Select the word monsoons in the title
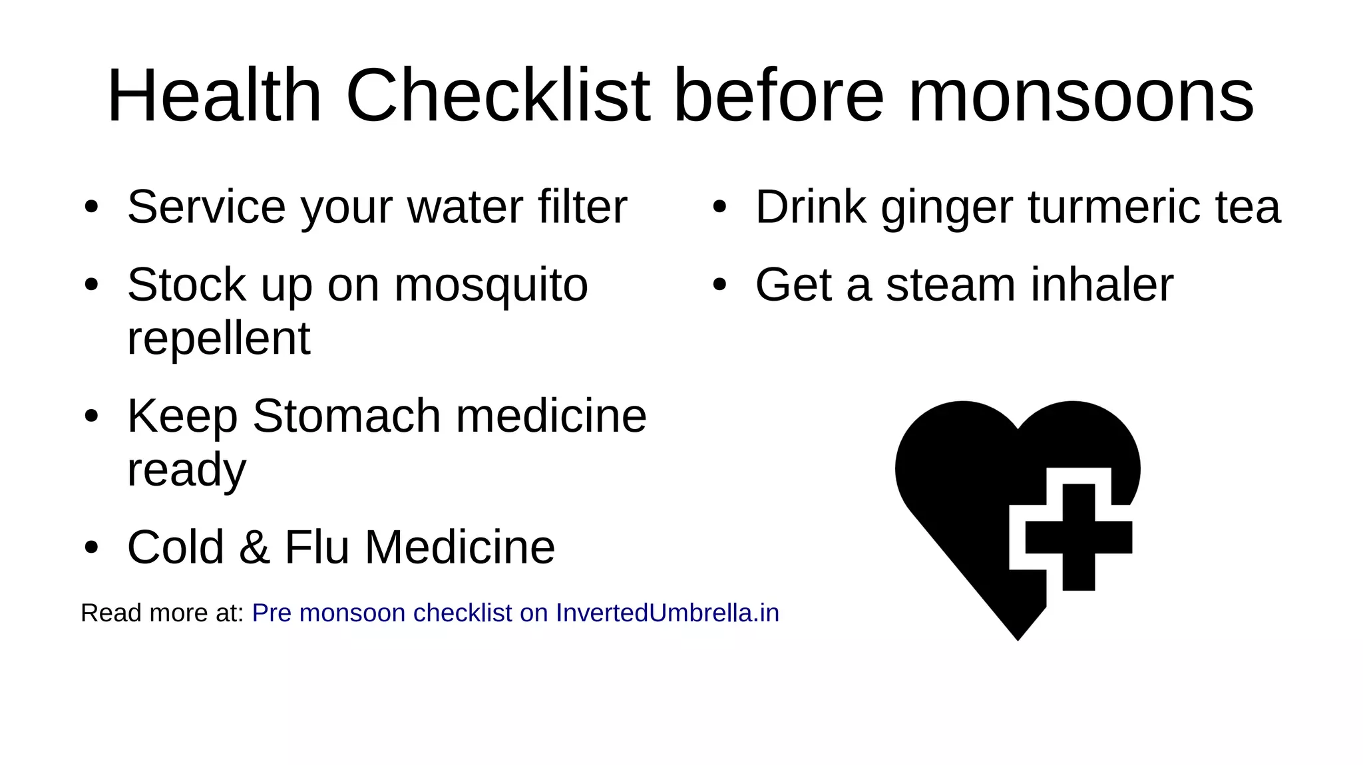point(1081,97)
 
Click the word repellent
point(218,339)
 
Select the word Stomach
point(346,416)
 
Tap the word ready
point(186,471)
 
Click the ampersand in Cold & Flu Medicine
point(254,547)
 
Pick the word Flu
point(317,547)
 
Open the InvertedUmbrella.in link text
point(667,613)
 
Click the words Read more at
point(162,613)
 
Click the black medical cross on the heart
point(1078,537)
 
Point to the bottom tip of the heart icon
point(1018,638)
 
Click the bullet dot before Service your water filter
point(91,208)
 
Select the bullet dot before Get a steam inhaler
point(719,285)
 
